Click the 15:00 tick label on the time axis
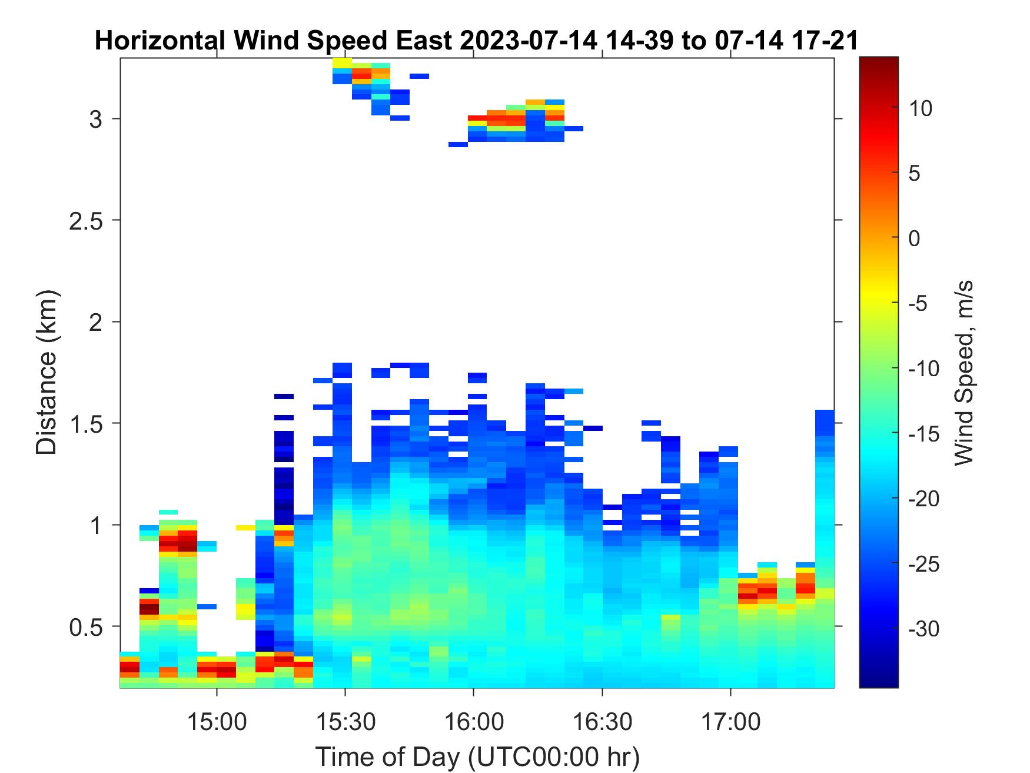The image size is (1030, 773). coord(217,721)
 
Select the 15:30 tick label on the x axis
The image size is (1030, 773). coord(345,721)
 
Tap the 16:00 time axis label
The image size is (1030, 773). coord(474,721)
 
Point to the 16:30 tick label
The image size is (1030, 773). coord(602,721)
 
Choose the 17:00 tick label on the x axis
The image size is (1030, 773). coord(730,721)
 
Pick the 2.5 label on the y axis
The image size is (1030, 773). coord(87,221)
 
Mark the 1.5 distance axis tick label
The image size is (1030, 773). coord(87,424)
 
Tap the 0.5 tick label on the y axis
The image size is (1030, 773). coord(87,627)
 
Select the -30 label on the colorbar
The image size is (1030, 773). coord(924,629)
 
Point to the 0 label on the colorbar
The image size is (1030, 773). coord(914,238)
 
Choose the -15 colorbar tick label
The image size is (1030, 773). coord(924,434)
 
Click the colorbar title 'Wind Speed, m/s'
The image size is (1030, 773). coord(963,373)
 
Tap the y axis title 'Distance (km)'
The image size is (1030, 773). coord(47,373)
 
